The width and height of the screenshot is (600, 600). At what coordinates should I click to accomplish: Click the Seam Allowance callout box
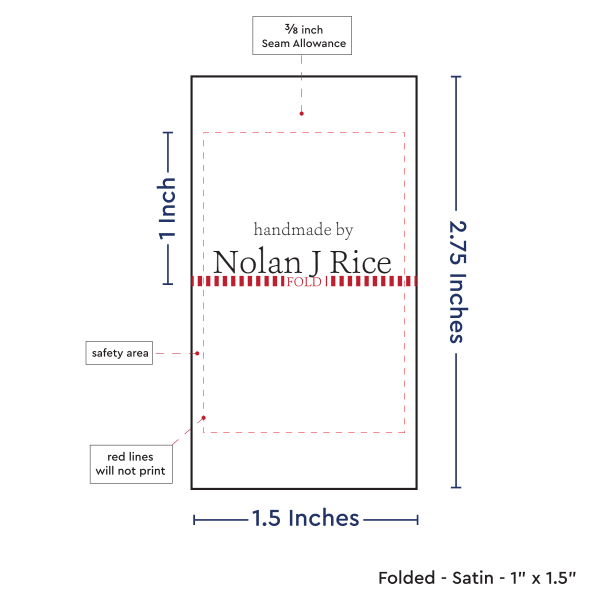point(302,35)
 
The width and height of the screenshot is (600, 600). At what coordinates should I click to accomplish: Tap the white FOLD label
point(304,283)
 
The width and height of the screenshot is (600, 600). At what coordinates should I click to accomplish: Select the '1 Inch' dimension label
point(168,209)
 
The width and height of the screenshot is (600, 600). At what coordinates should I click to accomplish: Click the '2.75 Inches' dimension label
point(457,282)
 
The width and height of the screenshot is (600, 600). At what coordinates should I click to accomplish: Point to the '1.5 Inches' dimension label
point(305,518)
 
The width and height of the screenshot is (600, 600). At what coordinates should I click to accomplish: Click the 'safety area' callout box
point(120,353)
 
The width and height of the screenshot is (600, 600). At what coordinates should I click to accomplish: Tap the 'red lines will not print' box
point(129,463)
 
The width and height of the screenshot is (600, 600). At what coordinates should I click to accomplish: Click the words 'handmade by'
point(303,230)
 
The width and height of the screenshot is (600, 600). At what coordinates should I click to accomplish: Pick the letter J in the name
point(313,262)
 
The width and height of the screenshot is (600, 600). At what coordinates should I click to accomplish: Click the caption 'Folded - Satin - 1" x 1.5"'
point(477,578)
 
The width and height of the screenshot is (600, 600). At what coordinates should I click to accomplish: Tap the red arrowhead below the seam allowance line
point(299,114)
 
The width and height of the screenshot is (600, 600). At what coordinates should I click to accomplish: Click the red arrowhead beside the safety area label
point(198,353)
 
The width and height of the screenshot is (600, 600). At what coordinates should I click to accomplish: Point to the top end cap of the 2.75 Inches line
point(457,77)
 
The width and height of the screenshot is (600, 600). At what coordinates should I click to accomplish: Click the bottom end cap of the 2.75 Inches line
point(457,488)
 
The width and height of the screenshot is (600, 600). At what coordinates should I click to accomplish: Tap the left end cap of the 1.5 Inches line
point(194,519)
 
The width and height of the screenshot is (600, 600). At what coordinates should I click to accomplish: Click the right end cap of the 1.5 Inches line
point(417,519)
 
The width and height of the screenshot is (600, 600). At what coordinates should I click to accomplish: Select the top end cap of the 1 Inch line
point(167,132)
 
